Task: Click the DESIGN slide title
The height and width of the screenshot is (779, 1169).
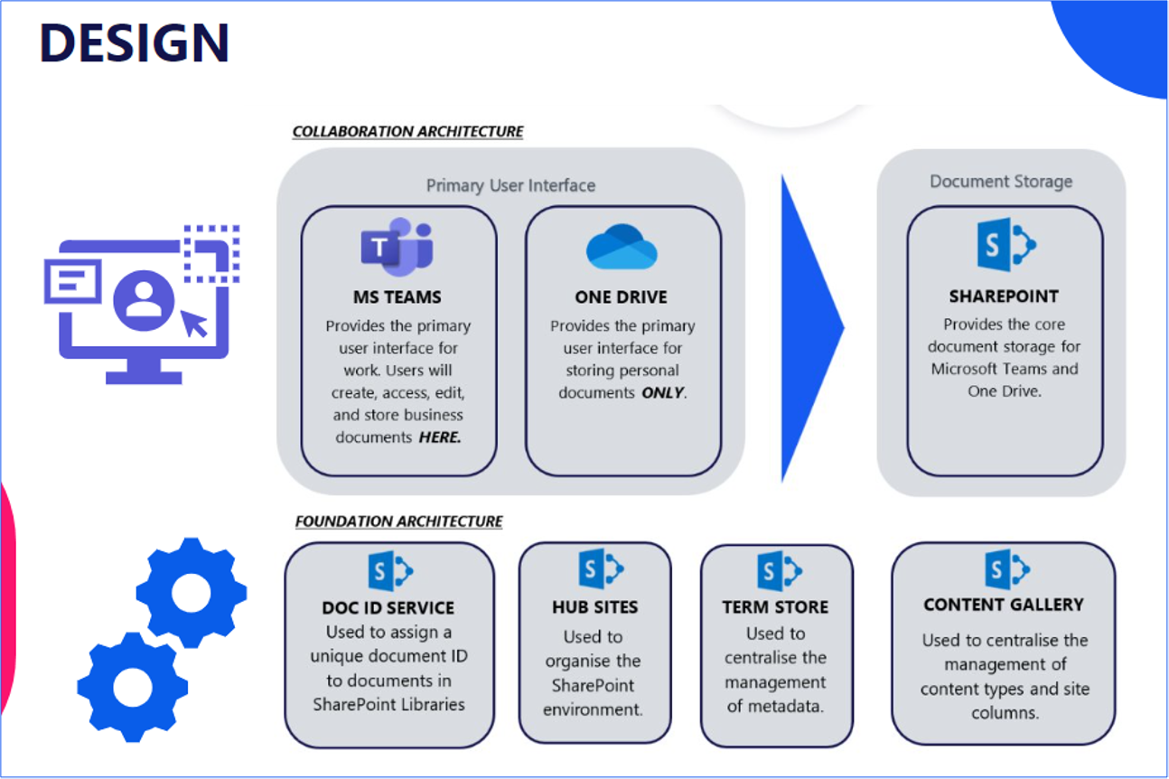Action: (134, 42)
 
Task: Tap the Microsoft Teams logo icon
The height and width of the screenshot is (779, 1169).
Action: (397, 246)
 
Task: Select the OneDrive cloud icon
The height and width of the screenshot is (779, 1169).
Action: (622, 248)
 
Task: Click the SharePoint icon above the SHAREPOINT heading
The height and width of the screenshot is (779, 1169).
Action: (1005, 244)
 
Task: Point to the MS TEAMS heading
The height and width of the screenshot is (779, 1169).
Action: (397, 296)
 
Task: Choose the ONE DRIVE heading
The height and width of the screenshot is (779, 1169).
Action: (622, 296)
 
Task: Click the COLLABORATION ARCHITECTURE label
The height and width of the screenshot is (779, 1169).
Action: (407, 132)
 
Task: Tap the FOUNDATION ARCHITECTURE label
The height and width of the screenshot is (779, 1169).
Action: (398, 521)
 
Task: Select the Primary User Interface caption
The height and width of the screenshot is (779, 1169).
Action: (510, 185)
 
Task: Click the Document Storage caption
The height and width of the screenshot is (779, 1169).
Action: (1001, 182)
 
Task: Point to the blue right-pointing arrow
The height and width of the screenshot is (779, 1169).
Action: (809, 327)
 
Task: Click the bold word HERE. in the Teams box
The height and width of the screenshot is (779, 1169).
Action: (440, 437)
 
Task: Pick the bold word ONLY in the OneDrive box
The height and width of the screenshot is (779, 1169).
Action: (662, 393)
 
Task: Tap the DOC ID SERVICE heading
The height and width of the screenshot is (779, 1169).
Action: (388, 607)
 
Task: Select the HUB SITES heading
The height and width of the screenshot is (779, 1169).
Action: (594, 607)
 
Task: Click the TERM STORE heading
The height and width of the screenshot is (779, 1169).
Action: (775, 607)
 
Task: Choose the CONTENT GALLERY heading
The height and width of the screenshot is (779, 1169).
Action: (1003, 605)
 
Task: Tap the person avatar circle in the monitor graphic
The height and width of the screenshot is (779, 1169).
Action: (144, 299)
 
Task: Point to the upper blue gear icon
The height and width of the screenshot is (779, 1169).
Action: (192, 592)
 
